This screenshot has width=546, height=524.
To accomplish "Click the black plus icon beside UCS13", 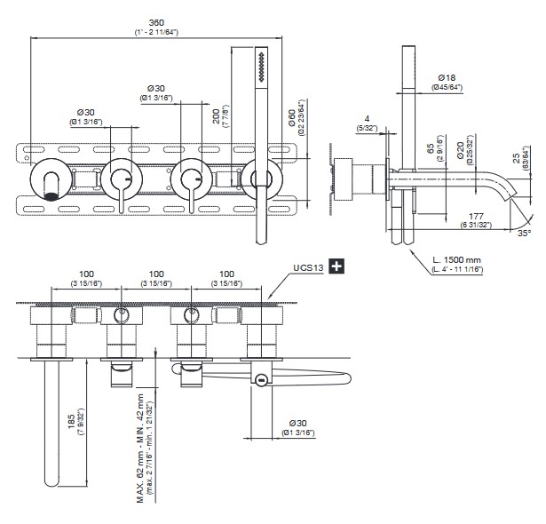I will pos(336,266).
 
